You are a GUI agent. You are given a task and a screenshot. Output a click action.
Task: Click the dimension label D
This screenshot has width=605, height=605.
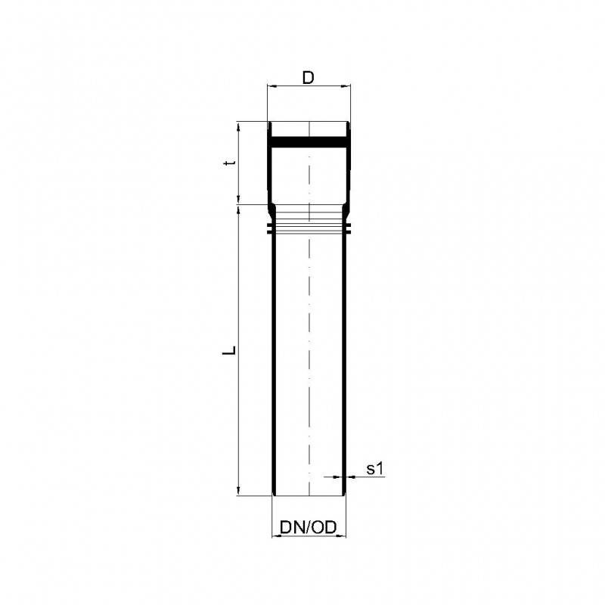(308, 77)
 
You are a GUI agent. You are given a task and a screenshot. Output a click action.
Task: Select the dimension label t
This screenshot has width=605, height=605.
(233, 163)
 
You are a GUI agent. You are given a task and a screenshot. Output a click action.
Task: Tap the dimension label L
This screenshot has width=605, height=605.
(233, 350)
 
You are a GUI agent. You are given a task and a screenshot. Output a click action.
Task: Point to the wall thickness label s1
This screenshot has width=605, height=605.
(376, 469)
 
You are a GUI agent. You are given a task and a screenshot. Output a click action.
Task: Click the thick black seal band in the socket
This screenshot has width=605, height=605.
(309, 141)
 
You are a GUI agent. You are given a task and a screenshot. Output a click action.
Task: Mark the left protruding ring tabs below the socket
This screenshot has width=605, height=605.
(271, 228)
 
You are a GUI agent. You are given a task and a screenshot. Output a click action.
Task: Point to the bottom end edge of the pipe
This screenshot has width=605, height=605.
(309, 496)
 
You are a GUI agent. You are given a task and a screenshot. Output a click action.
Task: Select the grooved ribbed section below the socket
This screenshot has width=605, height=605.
(309, 220)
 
